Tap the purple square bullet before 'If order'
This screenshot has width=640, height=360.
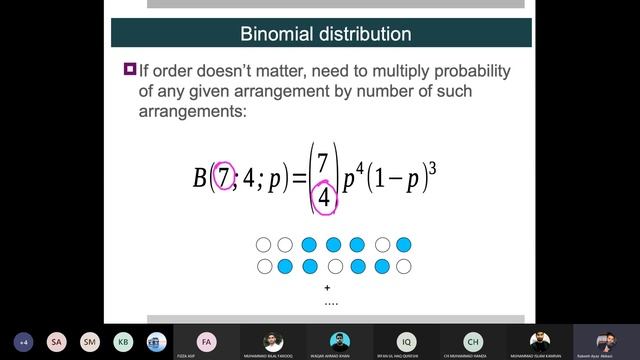[129, 69]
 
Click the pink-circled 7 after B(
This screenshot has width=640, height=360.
[226, 178]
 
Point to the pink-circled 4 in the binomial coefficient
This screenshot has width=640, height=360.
[323, 197]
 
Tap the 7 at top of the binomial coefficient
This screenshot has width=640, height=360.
[322, 161]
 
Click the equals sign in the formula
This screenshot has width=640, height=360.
[295, 179]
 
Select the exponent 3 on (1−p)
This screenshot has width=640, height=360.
[434, 164]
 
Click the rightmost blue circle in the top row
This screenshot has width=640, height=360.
[403, 245]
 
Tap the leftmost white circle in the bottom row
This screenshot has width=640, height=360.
[264, 266]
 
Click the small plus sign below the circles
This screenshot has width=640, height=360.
[328, 287]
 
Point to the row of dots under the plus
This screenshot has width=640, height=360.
[331, 301]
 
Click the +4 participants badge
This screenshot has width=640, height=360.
[23, 340]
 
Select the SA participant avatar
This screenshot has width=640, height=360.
[56, 340]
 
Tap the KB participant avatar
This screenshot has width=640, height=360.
[122, 340]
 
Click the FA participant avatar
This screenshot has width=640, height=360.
[206, 340]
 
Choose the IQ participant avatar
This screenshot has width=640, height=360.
[406, 340]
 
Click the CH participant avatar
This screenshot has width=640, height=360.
[473, 340]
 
